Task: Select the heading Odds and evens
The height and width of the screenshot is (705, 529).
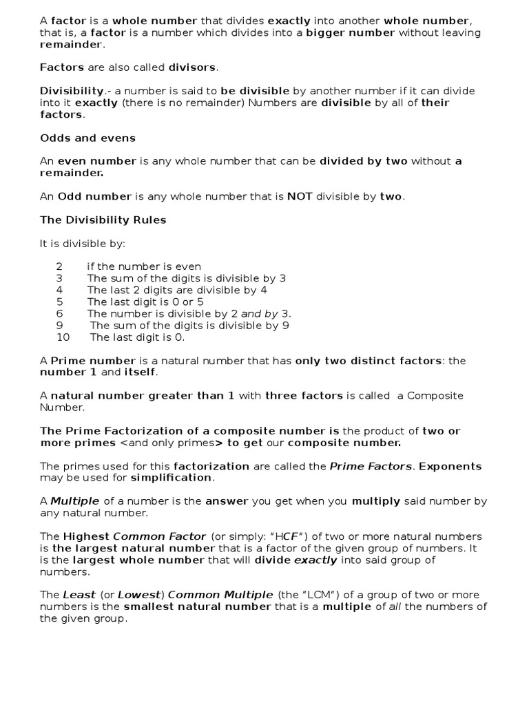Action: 87,138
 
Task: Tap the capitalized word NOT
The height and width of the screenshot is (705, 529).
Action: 300,196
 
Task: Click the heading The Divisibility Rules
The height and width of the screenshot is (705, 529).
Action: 103,220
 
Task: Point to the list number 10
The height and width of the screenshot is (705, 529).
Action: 63,337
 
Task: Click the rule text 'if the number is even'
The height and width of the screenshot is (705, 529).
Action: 144,266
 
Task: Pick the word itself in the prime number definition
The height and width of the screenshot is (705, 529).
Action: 141,372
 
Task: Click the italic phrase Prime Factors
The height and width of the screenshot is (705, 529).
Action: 371,466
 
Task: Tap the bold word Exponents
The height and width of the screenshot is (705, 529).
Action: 450,466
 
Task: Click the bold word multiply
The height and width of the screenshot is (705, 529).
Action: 376,501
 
